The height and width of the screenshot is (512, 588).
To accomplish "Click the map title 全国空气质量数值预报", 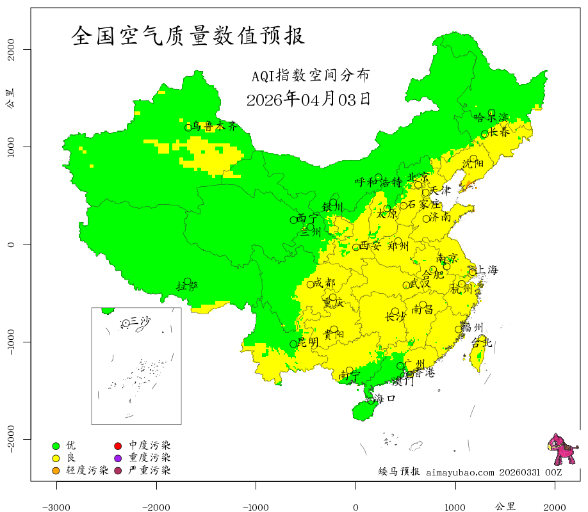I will [x=188, y=35].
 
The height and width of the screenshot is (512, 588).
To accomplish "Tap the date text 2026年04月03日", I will [x=308, y=99].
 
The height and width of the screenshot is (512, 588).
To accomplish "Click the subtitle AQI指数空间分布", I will [x=310, y=76].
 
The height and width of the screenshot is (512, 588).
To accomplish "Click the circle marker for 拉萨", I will [x=187, y=281].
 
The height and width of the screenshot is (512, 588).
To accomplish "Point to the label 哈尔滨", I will [x=491, y=118].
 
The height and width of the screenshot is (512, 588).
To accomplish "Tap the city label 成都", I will [x=325, y=283].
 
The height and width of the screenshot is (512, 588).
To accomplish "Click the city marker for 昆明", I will [x=293, y=344].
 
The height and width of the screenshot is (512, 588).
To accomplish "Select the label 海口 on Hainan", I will [x=385, y=398].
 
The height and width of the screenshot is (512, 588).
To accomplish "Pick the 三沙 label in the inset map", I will [x=140, y=321].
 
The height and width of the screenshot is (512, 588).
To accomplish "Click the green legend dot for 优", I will [x=56, y=445].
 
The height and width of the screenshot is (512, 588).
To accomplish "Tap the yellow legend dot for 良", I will [x=56, y=458].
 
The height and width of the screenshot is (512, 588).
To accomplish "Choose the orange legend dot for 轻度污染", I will [x=56, y=471].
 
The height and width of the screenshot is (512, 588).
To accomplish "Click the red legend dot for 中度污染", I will [x=118, y=445].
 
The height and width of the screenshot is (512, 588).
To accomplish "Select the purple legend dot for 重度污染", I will [x=118, y=458].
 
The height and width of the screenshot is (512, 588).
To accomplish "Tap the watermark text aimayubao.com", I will [x=460, y=472].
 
